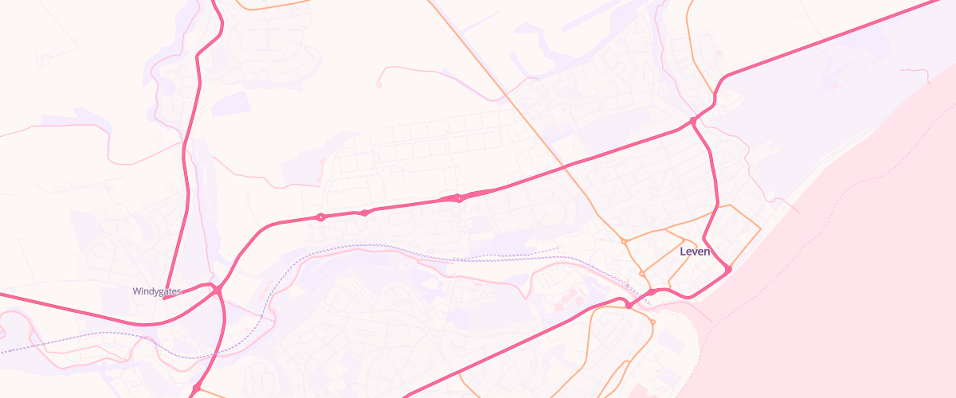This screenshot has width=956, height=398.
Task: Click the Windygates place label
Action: [157, 291]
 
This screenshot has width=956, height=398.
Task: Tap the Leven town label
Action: [695, 252]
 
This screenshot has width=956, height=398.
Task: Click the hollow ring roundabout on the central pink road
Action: [321, 217]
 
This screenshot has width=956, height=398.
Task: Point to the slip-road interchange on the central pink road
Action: [459, 198]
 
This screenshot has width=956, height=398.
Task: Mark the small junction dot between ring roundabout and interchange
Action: [364, 213]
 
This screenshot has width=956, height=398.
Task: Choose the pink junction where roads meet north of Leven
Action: [694, 121]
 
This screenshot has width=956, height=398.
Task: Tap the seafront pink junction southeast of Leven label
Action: [728, 269]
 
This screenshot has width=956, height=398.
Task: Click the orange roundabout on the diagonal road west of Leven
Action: [624, 240]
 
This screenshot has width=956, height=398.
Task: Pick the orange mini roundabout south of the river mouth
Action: [652, 322]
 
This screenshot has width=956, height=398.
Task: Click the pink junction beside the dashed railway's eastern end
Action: [629, 305]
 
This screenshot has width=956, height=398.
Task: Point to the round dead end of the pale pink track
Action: [379, 84]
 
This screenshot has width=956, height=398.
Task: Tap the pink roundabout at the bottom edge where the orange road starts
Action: [197, 388]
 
